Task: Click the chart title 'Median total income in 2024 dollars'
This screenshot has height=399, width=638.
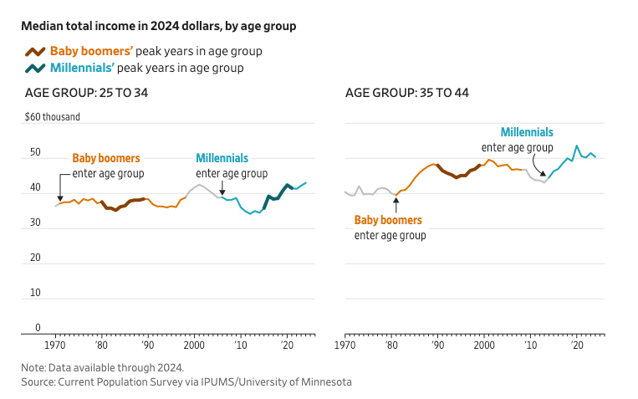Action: pos(159,26)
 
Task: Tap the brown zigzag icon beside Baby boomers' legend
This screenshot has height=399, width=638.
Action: pos(36,51)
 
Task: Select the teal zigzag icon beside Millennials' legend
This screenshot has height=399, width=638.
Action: pos(36,68)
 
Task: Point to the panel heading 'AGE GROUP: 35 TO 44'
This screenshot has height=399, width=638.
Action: pos(406,92)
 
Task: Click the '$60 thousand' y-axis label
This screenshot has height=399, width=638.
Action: pos(53,117)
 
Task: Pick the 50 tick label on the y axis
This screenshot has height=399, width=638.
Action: pos(35,153)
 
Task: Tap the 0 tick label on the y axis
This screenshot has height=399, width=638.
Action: pos(38,327)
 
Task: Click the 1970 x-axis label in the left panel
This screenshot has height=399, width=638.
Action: pos(56,345)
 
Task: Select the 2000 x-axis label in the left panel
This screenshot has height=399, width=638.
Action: pos(194,345)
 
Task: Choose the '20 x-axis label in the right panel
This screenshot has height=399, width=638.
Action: pos(576,345)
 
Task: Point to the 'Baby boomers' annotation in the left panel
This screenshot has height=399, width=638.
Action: pos(106,158)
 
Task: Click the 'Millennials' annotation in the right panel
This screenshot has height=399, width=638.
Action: pos(527,132)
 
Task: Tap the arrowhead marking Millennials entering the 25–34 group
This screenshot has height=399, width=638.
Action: pos(222,191)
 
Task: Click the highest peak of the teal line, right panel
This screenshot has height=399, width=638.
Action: pos(576,146)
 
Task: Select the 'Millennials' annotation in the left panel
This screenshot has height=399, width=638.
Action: pos(222,158)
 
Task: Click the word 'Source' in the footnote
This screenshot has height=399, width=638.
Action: pos(39,381)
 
